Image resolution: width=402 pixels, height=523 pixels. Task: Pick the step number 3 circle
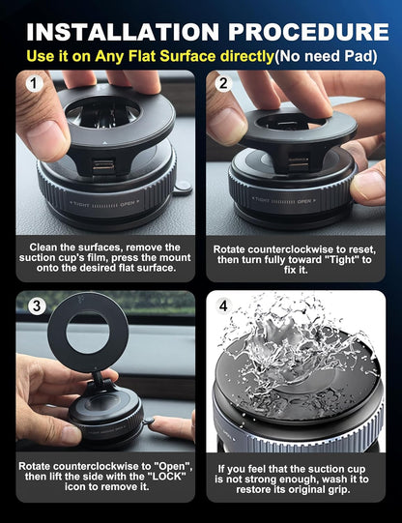36,307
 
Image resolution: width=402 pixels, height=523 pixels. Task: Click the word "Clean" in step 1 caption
48,247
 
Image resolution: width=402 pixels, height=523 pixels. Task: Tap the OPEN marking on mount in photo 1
128,204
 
